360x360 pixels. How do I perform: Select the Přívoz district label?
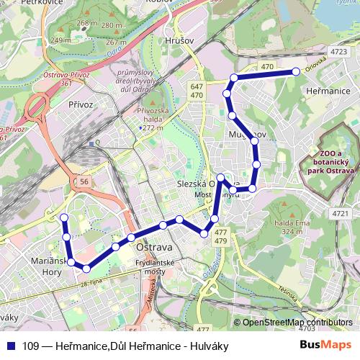[81, 104]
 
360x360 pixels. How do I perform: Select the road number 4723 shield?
[338, 52]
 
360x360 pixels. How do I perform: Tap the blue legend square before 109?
[10, 346]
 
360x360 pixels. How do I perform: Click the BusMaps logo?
[326, 346]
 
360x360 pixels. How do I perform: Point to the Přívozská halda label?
[152, 119]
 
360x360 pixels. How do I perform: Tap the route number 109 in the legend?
[31, 346]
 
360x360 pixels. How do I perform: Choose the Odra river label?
[113, 51]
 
